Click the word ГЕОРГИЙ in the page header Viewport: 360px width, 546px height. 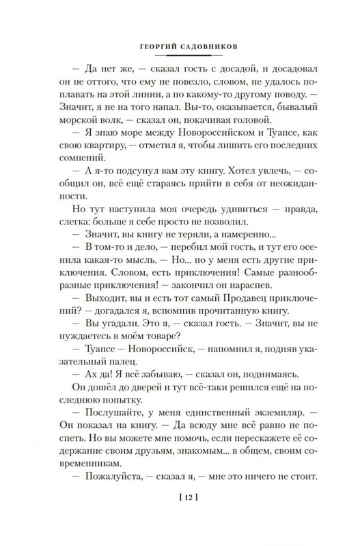tap(150, 48)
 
